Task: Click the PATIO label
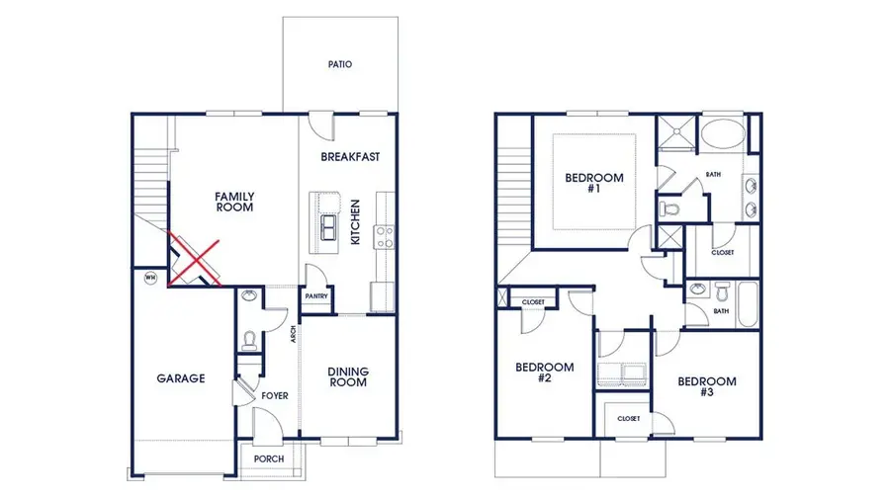point(340,65)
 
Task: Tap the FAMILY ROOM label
point(234,202)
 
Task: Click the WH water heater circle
point(150,278)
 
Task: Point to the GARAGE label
point(180,377)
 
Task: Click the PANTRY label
point(315,295)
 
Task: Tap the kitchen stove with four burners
point(383,236)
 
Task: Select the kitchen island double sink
point(327,229)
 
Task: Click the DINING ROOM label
point(348,376)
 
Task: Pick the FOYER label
point(274,395)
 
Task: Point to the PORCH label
point(269,458)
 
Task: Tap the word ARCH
point(294,334)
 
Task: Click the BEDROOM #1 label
point(593,183)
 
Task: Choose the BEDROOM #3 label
point(707,386)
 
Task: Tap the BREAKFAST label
point(350,157)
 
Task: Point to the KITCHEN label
point(355,222)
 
